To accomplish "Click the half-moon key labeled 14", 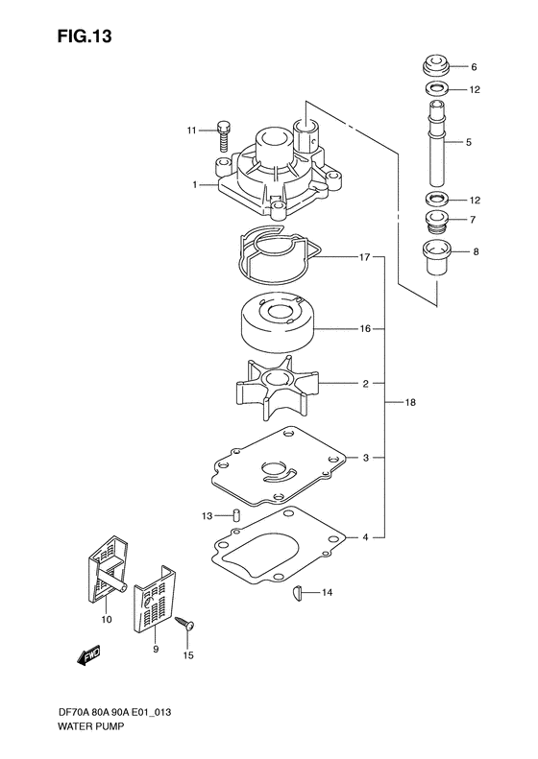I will (298, 594).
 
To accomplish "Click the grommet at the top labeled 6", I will (435, 68).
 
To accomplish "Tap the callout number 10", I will (107, 620).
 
